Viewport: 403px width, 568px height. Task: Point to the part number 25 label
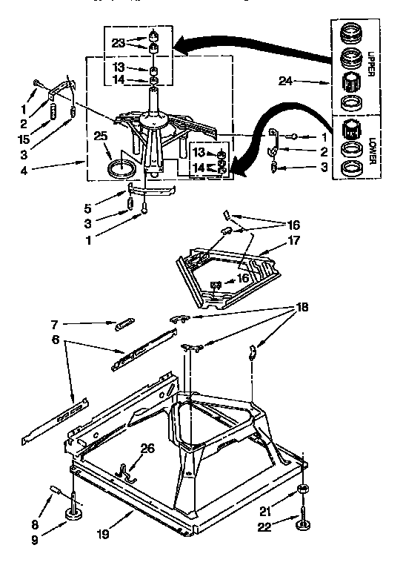pos(99,136)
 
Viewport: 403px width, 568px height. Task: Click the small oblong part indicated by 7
pos(124,323)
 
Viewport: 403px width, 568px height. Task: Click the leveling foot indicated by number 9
pos(74,514)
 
